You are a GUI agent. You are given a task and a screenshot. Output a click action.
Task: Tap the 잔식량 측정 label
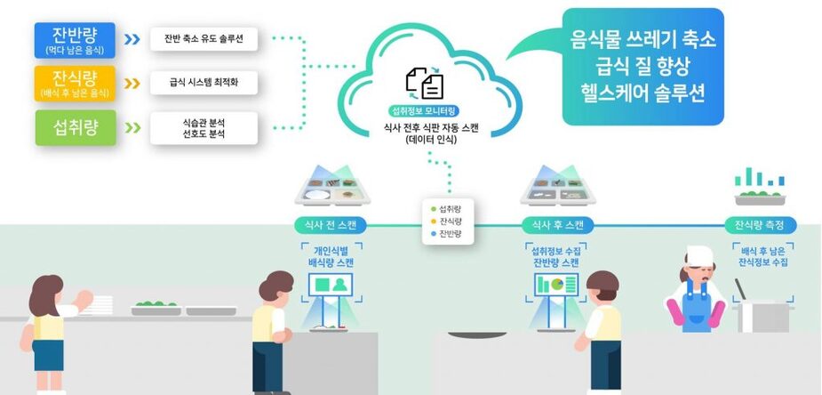coord(760,224)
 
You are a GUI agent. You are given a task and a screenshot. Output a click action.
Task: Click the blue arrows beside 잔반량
coord(132,40)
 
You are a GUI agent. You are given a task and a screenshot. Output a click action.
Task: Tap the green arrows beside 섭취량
coord(132,127)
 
